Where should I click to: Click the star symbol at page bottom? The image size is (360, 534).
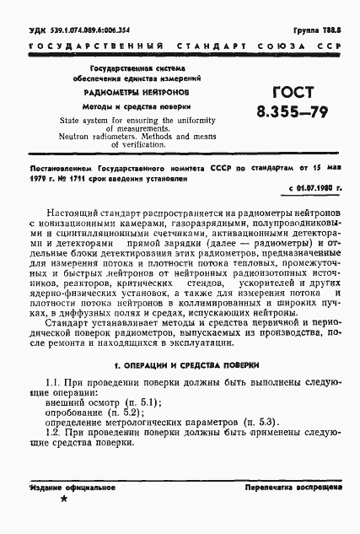[x=64, y=501]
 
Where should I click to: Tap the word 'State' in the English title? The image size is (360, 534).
[x=73, y=120]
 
